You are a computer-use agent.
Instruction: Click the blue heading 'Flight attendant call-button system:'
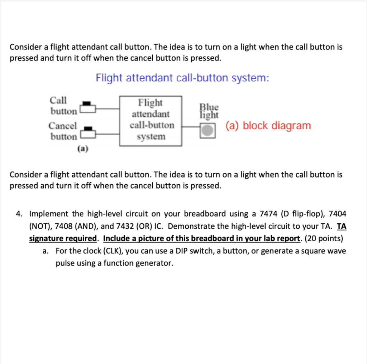[x=182, y=78]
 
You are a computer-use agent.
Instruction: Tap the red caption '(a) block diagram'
[x=268, y=126]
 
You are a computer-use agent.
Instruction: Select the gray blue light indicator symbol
[x=207, y=130]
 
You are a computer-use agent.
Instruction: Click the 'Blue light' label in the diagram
[x=209, y=111]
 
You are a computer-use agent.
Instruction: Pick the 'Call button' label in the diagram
[x=62, y=106]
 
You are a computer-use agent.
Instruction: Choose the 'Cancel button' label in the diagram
[x=63, y=131]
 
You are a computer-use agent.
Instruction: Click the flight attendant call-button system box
[x=151, y=120]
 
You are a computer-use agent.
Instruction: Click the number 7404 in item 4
[x=337, y=214]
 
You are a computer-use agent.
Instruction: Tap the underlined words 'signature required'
[x=63, y=238]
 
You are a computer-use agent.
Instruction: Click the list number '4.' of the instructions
[x=19, y=214]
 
